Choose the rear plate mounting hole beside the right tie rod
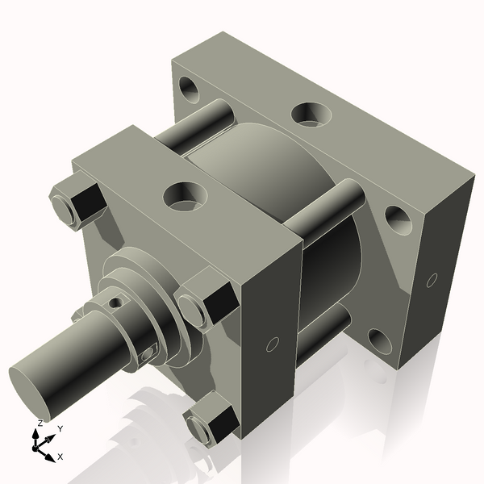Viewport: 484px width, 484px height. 394,216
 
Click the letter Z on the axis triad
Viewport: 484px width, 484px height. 40,423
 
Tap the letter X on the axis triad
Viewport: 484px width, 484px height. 60,457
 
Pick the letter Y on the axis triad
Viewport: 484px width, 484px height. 60,428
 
